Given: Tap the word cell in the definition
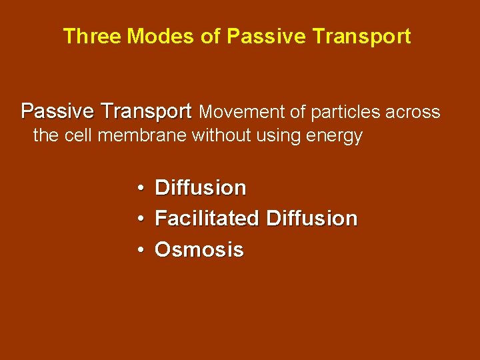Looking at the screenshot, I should pos(78,135).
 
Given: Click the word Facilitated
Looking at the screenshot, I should pos(207,218).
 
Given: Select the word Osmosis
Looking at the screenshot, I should pos(199,250).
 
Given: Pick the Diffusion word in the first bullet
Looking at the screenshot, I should pos(200,188).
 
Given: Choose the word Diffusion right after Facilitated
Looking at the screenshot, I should pos(311,218).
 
